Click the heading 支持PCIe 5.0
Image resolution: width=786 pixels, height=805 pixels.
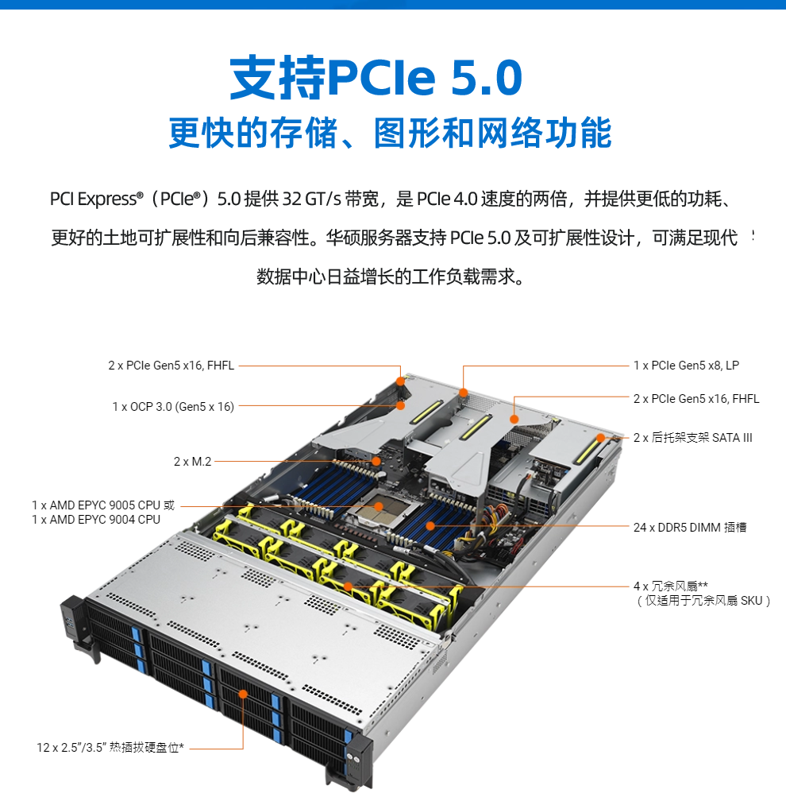click(x=376, y=77)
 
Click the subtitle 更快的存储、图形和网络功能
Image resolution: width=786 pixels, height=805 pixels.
click(x=390, y=133)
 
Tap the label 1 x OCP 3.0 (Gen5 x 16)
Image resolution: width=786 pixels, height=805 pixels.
click(x=173, y=407)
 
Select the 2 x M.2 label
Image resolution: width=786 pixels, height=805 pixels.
click(x=192, y=462)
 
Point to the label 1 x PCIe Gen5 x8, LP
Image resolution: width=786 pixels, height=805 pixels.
click(x=686, y=366)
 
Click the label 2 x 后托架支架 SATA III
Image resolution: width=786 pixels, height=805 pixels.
click(x=692, y=437)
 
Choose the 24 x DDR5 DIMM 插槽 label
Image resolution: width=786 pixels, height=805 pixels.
click(x=690, y=527)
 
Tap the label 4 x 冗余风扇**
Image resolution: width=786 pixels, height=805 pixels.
click(x=671, y=586)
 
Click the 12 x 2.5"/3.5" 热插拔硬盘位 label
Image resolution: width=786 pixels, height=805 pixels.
click(x=110, y=748)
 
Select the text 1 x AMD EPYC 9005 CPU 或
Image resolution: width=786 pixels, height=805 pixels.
click(x=103, y=505)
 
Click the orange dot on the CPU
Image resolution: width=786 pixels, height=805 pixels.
click(x=379, y=507)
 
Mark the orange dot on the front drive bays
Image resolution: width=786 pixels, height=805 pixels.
click(x=243, y=694)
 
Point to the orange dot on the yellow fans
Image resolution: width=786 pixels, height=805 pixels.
click(x=348, y=586)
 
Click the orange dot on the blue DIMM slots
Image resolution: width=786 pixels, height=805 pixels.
click(x=430, y=526)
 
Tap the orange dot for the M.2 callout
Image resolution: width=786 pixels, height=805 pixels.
click(x=376, y=461)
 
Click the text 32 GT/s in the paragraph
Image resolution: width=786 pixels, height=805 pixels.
click(x=312, y=199)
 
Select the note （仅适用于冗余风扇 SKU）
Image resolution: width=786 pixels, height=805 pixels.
click(x=703, y=601)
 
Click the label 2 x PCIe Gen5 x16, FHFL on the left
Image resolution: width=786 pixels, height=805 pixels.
click(x=171, y=366)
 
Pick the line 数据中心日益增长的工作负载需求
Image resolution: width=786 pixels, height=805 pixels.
click(x=391, y=277)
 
